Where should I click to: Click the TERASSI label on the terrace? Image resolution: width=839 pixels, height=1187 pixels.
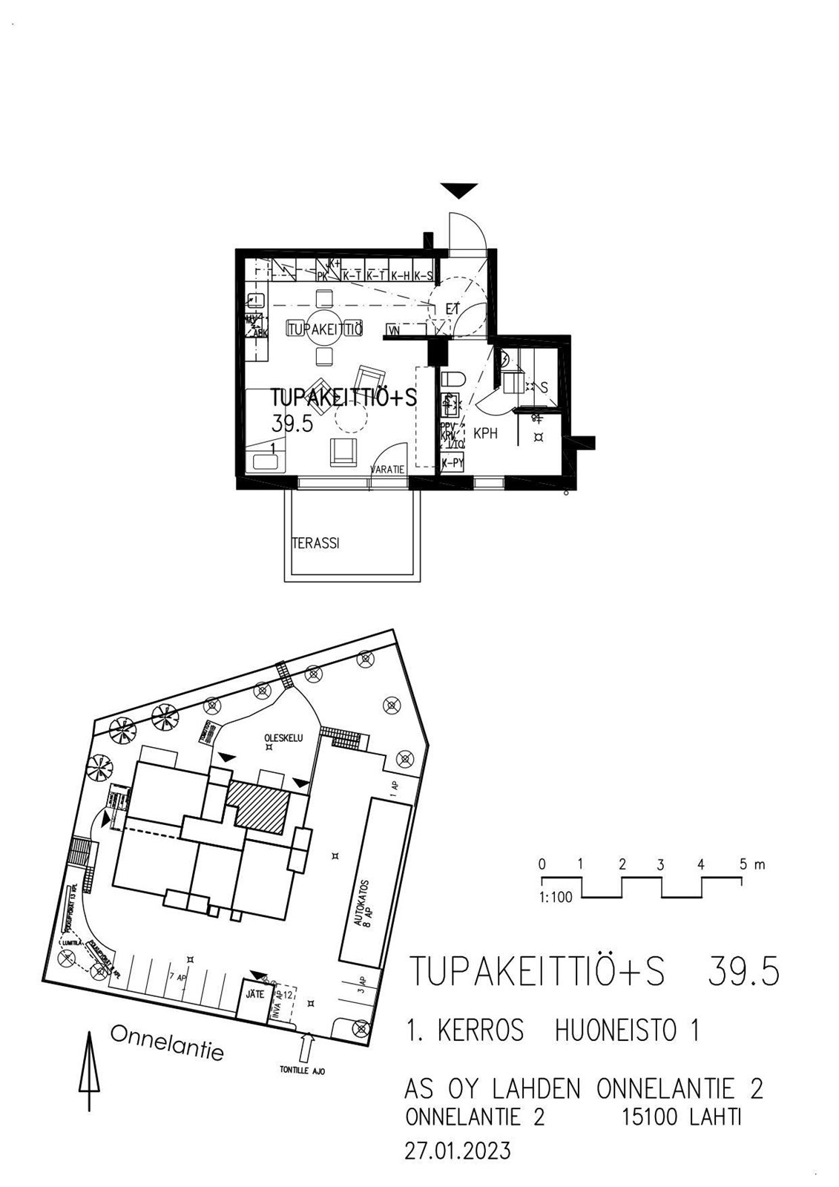click(315, 543)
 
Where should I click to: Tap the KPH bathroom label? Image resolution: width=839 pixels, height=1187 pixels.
click(485, 433)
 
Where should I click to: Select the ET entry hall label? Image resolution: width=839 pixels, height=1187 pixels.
click(453, 309)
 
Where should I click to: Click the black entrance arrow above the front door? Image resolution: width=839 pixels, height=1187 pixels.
click(459, 191)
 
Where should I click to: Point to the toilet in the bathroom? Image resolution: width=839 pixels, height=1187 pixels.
click(453, 379)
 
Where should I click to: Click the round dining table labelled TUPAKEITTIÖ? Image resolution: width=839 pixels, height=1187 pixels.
click(324, 329)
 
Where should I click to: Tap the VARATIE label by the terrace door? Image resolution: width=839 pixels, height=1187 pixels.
click(388, 470)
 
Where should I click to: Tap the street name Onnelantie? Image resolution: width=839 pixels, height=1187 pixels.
click(167, 1042)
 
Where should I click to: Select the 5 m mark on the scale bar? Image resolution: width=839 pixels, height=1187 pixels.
click(747, 864)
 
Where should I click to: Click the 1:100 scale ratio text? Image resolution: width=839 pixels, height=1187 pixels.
click(556, 897)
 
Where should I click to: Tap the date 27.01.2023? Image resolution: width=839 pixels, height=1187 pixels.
click(458, 1151)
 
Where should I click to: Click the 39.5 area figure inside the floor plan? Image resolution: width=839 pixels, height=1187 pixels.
click(292, 424)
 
